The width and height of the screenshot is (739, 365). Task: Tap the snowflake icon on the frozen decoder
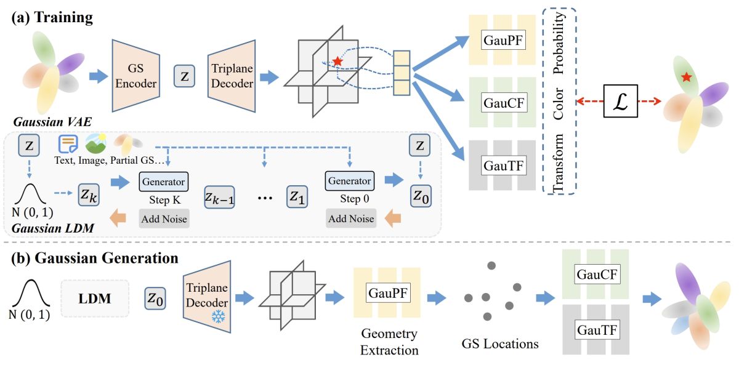coord(217,316)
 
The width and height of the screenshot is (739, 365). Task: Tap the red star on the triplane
coord(337,62)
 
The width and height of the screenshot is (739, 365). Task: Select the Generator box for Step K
coord(163,182)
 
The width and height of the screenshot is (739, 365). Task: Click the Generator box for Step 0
coord(349,182)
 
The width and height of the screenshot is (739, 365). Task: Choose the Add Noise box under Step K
coord(163,219)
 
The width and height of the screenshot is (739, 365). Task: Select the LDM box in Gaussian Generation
coord(94,298)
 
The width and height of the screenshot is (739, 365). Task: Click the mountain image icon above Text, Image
coord(96,143)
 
